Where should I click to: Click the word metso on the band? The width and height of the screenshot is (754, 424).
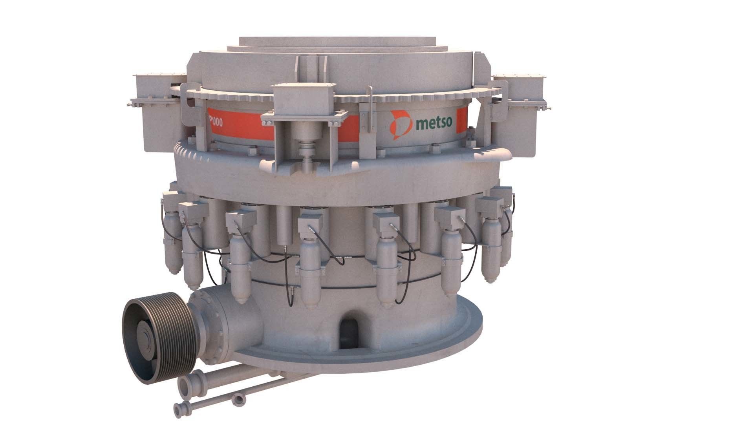point(434,123)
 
